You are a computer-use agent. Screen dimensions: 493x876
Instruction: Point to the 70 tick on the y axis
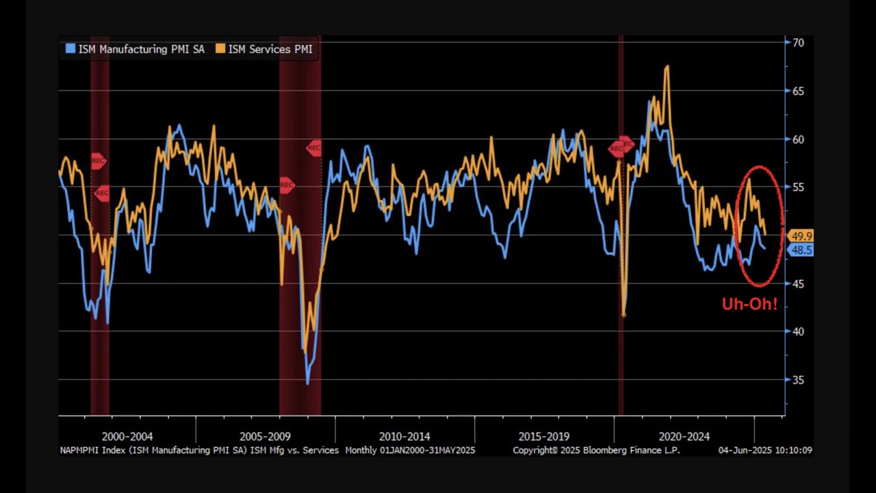pos(798,42)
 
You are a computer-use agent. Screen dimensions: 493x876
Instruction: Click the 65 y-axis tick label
pos(798,91)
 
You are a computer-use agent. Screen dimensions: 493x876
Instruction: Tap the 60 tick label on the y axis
pos(798,139)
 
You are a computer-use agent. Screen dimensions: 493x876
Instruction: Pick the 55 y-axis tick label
pos(798,187)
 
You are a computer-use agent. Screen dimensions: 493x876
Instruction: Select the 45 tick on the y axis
pos(798,283)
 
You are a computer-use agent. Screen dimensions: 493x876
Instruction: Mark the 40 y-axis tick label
pos(798,331)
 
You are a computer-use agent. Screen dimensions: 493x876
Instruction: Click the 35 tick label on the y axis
pos(798,380)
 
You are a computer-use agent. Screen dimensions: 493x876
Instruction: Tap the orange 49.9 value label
pos(801,236)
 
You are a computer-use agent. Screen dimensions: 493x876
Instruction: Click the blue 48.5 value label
pos(801,251)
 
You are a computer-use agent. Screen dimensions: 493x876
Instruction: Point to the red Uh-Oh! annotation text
pos(749,305)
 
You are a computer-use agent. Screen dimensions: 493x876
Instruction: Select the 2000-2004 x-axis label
pos(127,436)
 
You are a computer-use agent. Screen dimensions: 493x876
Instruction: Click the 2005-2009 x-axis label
pos(266,436)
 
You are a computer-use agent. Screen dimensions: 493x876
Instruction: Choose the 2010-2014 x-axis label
pos(404,436)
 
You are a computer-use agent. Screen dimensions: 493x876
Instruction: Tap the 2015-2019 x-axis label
pos(544,436)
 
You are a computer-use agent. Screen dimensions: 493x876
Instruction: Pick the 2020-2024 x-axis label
pos(684,436)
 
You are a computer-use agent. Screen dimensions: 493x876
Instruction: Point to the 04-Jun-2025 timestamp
pos(764,451)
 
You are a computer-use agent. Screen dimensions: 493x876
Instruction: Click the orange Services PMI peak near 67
pos(667,67)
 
